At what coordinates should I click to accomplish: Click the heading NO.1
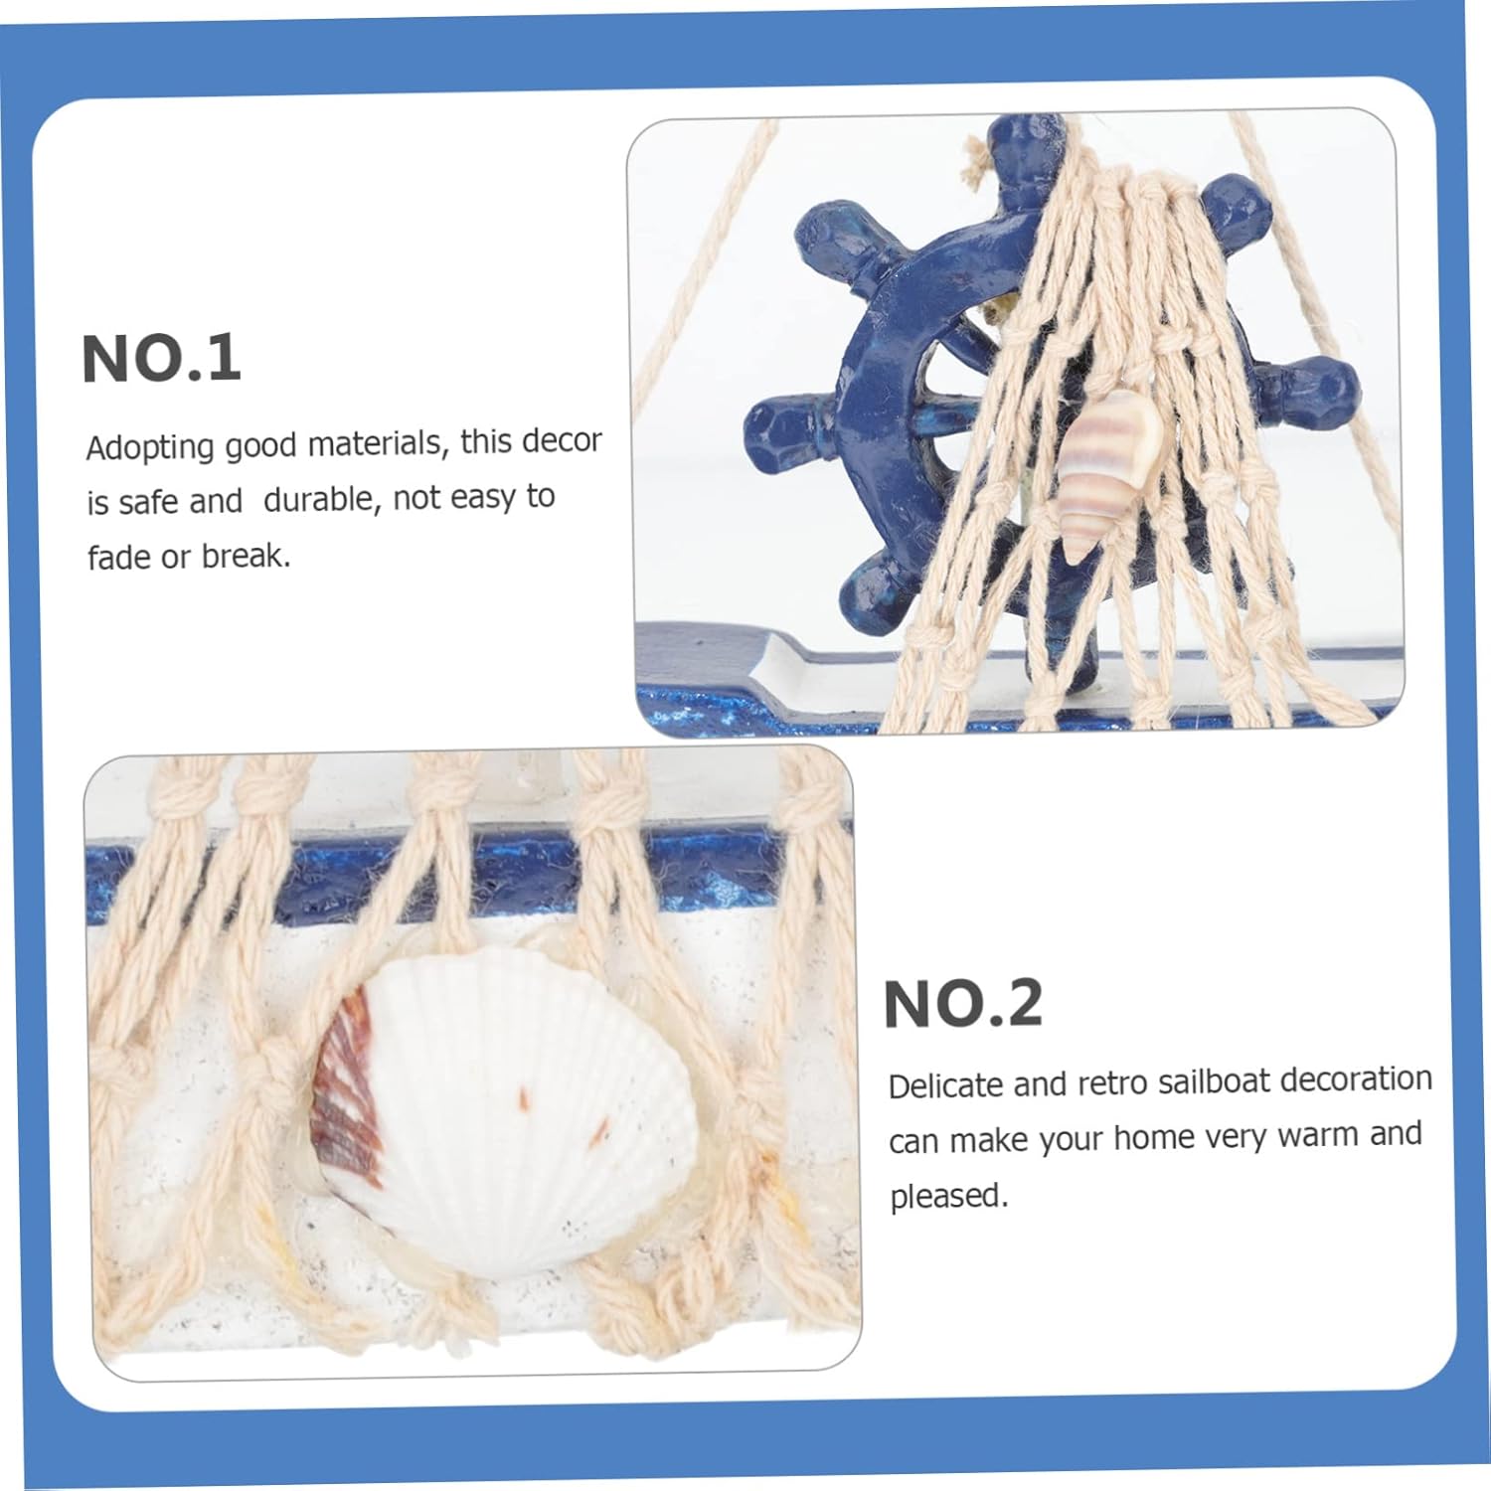[161, 359]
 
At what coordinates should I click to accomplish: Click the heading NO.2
[963, 1003]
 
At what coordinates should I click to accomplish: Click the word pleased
[948, 1196]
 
